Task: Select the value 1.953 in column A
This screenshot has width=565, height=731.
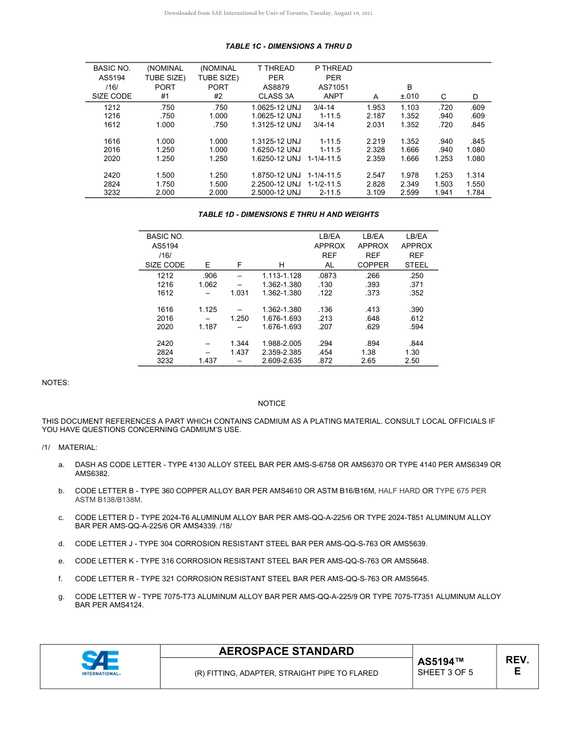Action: tap(375, 108)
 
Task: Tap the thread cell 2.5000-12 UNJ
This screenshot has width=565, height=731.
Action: tap(276, 193)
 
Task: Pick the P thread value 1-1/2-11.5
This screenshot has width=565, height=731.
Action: tap(324, 185)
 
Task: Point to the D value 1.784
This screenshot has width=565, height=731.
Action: tap(475, 193)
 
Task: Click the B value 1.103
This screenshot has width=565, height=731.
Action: tap(410, 108)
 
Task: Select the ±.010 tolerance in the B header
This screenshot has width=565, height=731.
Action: tap(410, 96)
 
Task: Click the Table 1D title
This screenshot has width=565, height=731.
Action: tap(288, 214)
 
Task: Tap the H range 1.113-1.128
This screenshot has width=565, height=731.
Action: tap(281, 276)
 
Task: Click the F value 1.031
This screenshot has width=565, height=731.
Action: tap(239, 293)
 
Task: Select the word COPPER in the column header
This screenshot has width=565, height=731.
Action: tap(373, 265)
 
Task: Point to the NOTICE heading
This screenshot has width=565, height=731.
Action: tap(272, 404)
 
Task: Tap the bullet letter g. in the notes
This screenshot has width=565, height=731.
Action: tap(61, 597)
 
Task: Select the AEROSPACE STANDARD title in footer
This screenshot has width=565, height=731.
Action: tap(286, 651)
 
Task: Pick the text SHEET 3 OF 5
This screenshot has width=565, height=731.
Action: tap(445, 673)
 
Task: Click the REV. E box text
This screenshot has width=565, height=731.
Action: tap(517, 666)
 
